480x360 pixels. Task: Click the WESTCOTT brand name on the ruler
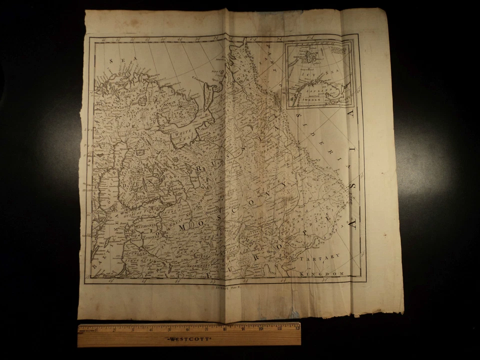(189, 338)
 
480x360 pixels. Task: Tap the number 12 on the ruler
(297, 328)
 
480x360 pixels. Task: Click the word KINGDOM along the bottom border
(322, 273)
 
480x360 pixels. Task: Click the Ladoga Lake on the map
(176, 192)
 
